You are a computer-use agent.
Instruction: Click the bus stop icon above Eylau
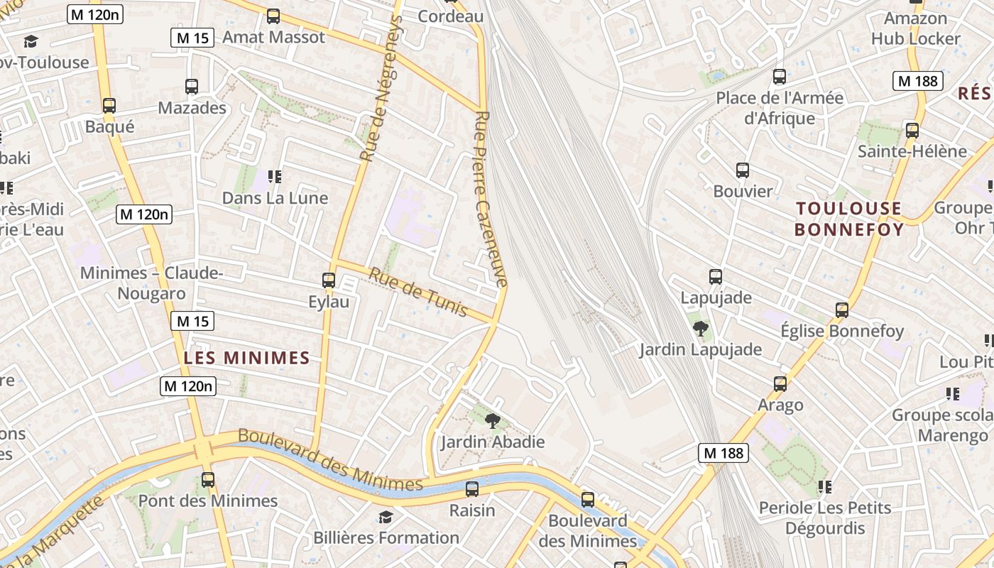click(328, 280)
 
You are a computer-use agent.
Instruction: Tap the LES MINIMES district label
click(247, 358)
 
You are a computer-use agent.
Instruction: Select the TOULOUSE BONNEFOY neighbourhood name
click(848, 219)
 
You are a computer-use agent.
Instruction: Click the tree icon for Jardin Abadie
click(492, 421)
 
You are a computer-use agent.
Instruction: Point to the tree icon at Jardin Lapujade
click(701, 328)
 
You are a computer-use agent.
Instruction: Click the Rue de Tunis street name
click(417, 292)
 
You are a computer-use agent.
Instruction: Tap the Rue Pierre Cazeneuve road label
click(491, 199)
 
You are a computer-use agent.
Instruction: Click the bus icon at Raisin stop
click(472, 489)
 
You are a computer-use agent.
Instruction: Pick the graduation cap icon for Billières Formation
click(386, 517)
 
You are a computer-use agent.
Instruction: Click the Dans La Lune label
click(275, 198)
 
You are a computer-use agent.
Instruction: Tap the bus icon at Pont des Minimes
click(207, 480)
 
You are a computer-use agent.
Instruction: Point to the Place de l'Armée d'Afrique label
click(780, 108)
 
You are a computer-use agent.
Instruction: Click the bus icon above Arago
click(780, 384)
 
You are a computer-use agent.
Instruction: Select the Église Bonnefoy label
click(842, 331)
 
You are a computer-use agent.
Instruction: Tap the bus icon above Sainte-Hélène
click(912, 131)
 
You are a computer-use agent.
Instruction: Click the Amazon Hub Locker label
click(916, 28)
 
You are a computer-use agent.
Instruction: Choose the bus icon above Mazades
click(192, 87)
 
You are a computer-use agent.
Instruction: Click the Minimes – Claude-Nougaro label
click(151, 283)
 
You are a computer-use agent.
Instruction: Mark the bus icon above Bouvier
click(743, 170)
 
